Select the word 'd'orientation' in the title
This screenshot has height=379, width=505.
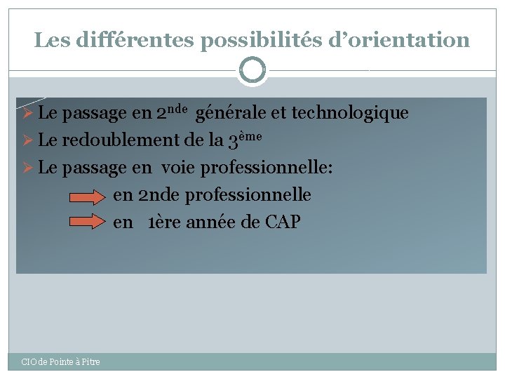(x=400, y=40)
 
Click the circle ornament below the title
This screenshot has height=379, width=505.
(x=252, y=70)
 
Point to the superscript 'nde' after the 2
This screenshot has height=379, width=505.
(x=178, y=109)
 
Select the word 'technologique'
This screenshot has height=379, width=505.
(x=349, y=113)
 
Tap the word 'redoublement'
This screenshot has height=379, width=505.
(x=121, y=140)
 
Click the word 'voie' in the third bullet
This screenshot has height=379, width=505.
(x=178, y=168)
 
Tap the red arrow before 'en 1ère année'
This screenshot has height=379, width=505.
(x=89, y=222)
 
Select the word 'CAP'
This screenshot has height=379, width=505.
(x=283, y=222)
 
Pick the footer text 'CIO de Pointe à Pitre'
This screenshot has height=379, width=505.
(x=60, y=361)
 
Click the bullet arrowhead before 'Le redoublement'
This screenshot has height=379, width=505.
(x=29, y=140)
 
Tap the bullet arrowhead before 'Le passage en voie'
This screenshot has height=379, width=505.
(x=29, y=168)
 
